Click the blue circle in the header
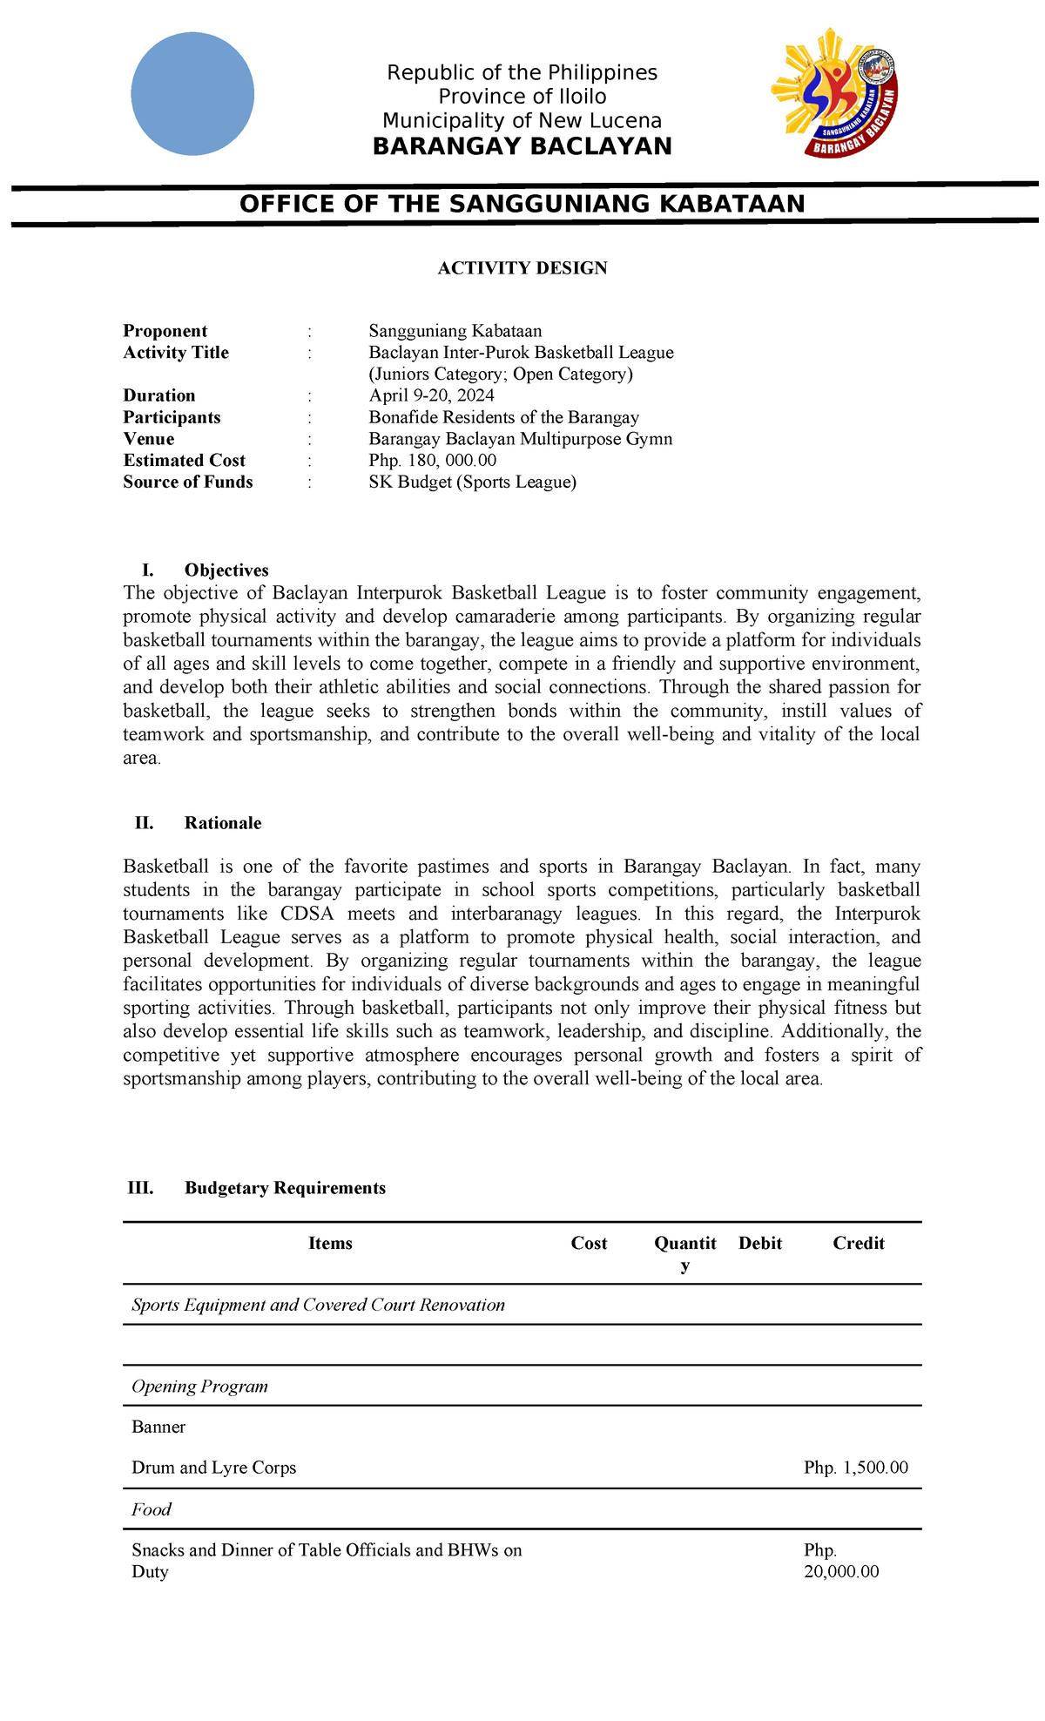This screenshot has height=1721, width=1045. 192,94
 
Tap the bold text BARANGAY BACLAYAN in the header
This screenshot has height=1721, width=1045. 522,146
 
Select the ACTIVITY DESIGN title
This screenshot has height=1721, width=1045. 522,268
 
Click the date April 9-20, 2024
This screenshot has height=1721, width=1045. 431,395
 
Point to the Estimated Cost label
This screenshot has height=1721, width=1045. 184,461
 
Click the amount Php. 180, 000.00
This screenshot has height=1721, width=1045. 433,461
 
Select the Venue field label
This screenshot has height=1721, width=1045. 148,439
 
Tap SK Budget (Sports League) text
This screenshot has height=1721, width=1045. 472,483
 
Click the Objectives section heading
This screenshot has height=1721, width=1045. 226,570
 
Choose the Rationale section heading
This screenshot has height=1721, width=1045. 223,823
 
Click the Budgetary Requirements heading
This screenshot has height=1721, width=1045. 285,1188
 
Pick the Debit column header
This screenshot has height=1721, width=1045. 759,1244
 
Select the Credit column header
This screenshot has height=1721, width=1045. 858,1244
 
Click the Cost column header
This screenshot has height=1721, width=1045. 589,1244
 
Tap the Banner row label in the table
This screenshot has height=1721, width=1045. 158,1427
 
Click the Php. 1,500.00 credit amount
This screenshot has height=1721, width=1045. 855,1468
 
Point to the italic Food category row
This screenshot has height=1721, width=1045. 152,1509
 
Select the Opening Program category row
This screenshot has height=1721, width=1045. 199,1387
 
